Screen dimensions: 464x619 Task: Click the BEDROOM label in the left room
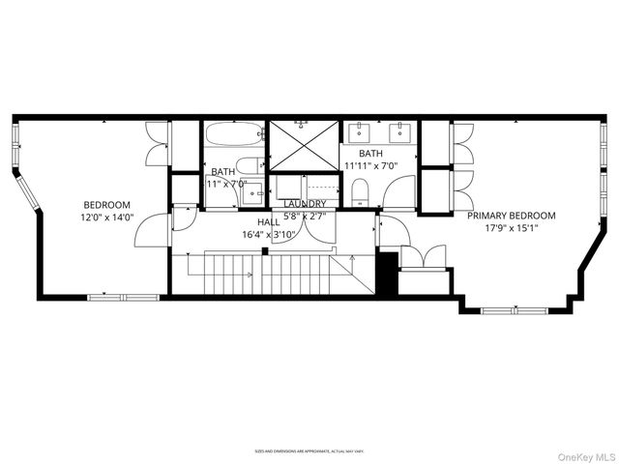pyautogui.click(x=106, y=205)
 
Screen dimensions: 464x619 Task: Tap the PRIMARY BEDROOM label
pyautogui.click(x=512, y=216)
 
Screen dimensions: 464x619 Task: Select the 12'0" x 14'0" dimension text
pyautogui.click(x=106, y=218)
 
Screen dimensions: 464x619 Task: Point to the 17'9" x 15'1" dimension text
pyautogui.click(x=512, y=230)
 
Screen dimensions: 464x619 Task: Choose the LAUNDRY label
pyautogui.click(x=305, y=203)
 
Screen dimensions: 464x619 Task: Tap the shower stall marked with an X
pyautogui.click(x=304, y=145)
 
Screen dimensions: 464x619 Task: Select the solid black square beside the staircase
pyautogui.click(x=387, y=275)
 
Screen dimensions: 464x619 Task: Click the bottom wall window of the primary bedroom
pyautogui.click(x=513, y=311)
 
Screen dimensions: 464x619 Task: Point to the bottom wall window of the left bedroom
pyautogui.click(x=123, y=297)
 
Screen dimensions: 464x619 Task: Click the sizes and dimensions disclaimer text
pyautogui.click(x=309, y=450)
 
